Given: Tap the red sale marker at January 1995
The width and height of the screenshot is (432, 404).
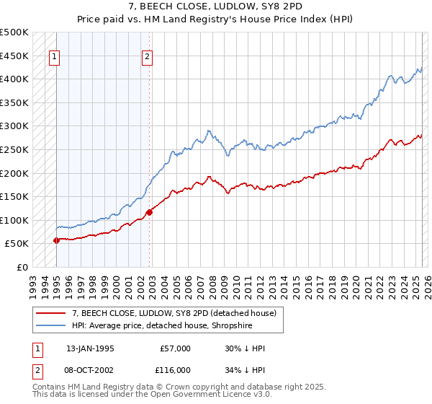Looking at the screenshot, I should (x=56, y=240).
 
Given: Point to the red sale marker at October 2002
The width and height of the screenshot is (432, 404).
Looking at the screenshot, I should (x=149, y=212).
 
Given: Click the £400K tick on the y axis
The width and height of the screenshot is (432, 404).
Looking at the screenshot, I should (x=14, y=79).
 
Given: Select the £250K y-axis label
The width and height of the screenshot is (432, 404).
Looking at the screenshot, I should (x=14, y=149).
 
